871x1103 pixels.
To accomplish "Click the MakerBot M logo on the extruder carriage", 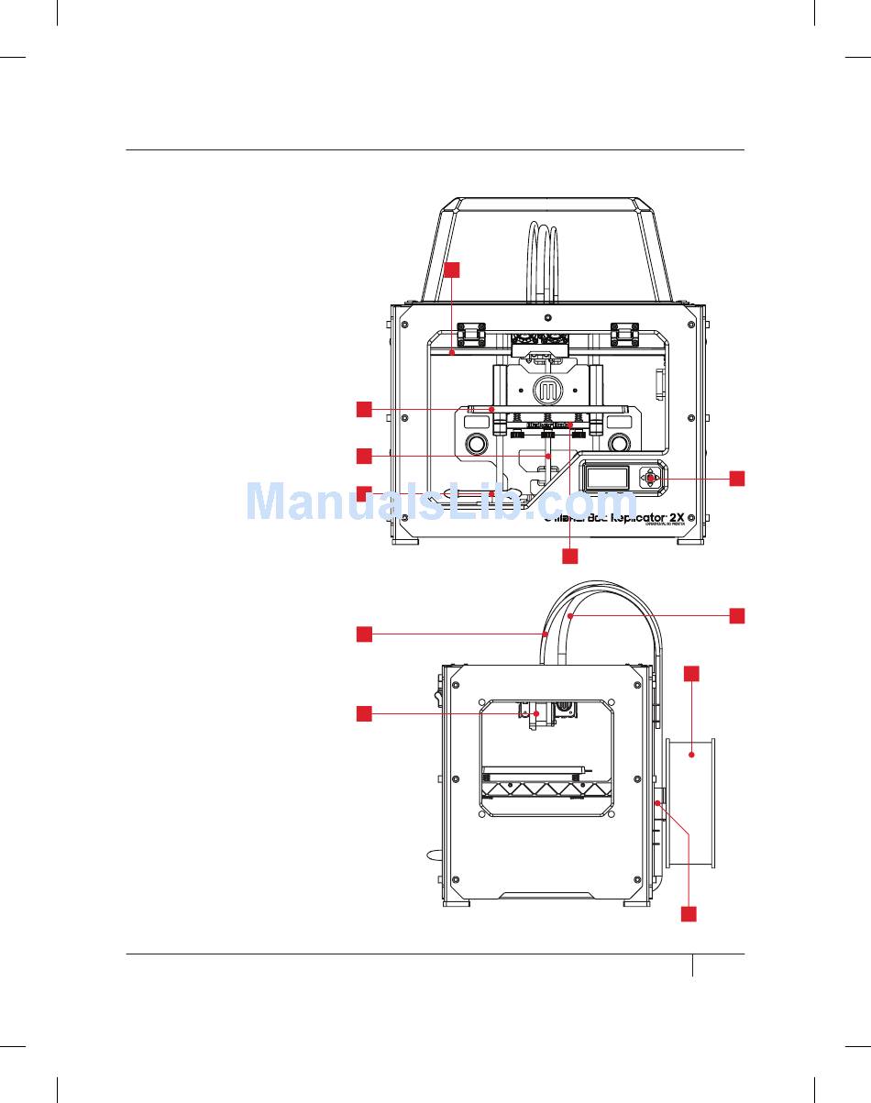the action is pos(550,390).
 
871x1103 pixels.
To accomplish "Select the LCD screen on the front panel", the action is pos(607,478).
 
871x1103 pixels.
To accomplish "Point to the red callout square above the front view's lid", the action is pos(452,270).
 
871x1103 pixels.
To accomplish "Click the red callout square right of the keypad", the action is pos(737,478).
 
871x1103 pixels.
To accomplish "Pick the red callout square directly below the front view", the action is pos(570,556).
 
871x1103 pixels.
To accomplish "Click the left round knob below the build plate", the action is pos(477,445).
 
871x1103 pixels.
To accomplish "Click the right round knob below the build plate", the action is pos(619,444).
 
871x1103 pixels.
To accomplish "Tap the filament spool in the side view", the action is pos(692,802).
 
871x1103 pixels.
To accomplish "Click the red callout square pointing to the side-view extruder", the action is pos(364,713).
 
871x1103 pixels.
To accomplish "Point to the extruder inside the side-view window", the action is pos(536,716).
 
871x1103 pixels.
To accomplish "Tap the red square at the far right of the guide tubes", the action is pos(737,615).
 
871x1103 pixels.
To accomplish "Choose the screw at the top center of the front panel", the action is pos(548,322).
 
